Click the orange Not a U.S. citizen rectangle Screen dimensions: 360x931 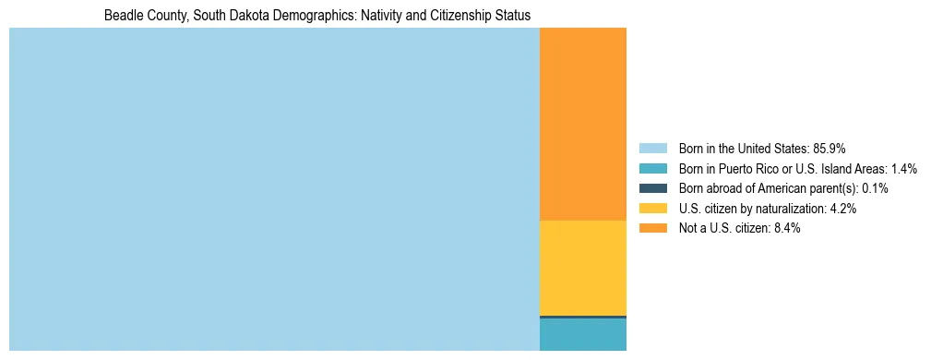point(582,124)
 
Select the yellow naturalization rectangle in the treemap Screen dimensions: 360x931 point(582,268)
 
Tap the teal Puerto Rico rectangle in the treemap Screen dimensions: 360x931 point(582,335)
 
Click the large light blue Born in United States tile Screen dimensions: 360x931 point(274,189)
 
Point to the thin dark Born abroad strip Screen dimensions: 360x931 point(582,317)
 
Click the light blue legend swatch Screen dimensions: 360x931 point(652,148)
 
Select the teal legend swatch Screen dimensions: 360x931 point(652,168)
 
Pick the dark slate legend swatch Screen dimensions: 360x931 point(652,188)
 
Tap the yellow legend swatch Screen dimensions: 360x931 point(652,209)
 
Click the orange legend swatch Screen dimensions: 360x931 point(652,229)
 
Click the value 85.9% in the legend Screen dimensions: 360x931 point(830,148)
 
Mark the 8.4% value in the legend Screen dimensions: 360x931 point(787,229)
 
